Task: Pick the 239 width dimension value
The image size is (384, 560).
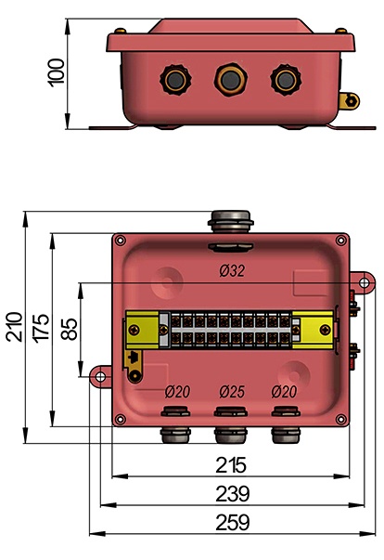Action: [x=231, y=492]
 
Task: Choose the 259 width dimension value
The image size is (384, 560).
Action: [x=231, y=522]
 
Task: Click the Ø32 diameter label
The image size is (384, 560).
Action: [x=232, y=271]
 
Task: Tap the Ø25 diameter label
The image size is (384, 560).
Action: [x=232, y=392]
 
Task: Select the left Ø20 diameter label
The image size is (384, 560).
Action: [x=176, y=392]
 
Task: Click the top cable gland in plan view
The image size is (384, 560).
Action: [x=231, y=221]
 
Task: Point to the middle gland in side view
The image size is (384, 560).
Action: [x=227, y=79]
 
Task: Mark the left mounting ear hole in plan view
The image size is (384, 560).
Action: [x=97, y=375]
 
